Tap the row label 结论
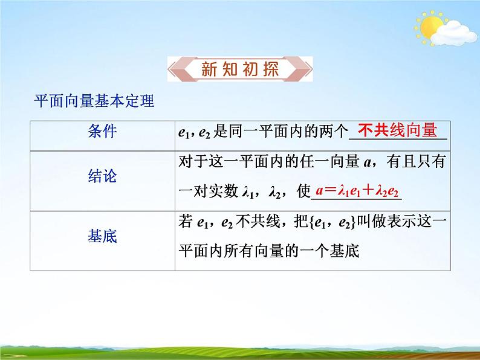[102, 177]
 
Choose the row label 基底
[102, 236]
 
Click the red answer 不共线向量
[397, 130]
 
